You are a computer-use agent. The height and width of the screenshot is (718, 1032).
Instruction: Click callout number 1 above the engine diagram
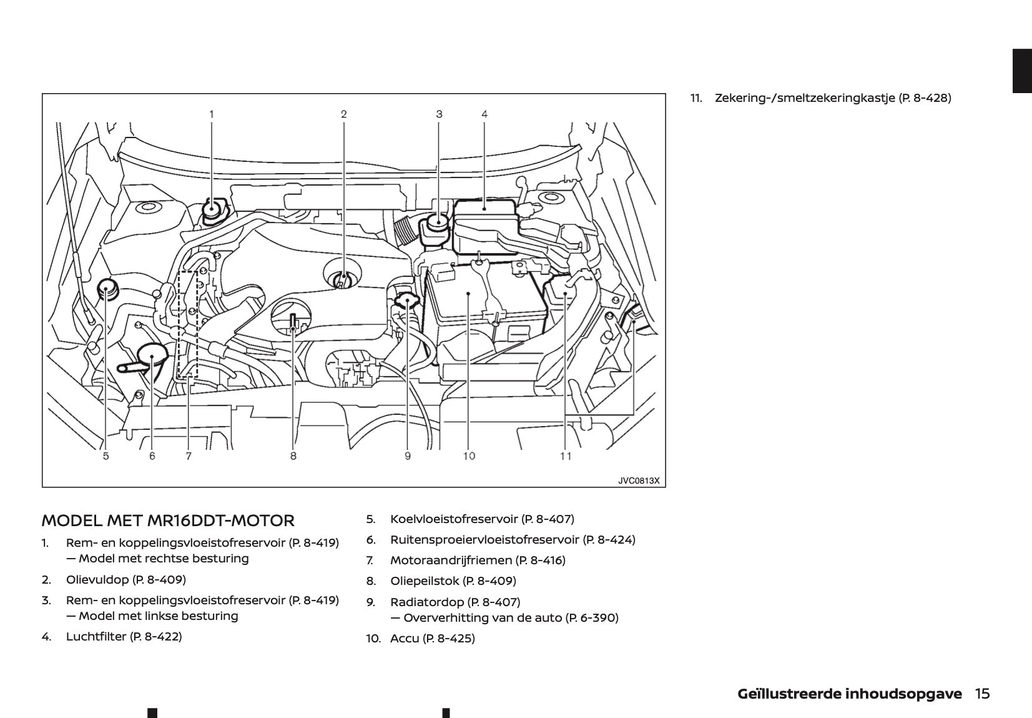[211, 114]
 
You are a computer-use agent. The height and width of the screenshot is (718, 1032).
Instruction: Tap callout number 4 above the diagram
[484, 114]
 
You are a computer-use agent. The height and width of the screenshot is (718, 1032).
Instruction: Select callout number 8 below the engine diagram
[293, 456]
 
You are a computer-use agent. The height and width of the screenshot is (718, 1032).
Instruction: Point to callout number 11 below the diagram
[565, 456]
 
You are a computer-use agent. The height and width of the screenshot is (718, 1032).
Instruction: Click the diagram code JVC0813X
[639, 481]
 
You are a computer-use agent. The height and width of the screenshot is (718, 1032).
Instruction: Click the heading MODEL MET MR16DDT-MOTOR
[168, 521]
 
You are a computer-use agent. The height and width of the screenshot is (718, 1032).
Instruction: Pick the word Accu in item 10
[405, 638]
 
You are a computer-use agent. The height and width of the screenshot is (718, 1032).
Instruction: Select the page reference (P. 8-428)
[925, 97]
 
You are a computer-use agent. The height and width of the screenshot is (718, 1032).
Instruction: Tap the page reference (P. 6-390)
[592, 617]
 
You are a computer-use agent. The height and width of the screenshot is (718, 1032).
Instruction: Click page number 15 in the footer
[982, 694]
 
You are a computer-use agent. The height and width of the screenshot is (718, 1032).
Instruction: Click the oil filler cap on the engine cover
[342, 279]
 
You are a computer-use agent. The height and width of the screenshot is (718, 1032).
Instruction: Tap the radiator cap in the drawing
[406, 302]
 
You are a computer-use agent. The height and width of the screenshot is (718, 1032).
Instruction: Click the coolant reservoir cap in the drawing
[107, 289]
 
